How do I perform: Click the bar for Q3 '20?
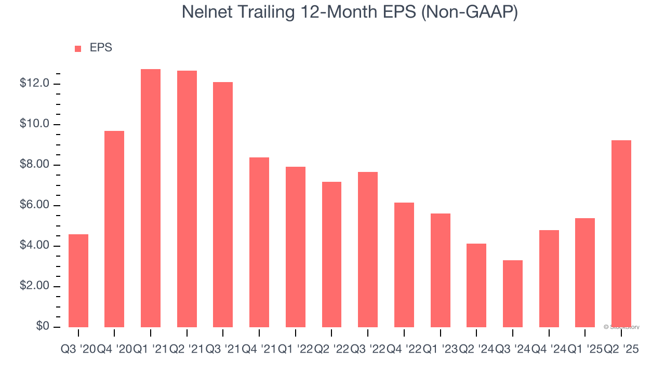pyautogui.click(x=78, y=280)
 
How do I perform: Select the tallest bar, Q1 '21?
pyautogui.click(x=151, y=197)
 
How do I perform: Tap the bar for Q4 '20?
pyautogui.click(x=114, y=229)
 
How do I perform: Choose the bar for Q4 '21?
pyautogui.click(x=259, y=242)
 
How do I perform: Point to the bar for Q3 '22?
pyautogui.click(x=368, y=249)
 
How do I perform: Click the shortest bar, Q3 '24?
pyautogui.click(x=513, y=293)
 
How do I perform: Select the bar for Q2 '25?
pyautogui.click(x=621, y=234)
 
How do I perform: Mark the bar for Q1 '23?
pyautogui.click(x=440, y=270)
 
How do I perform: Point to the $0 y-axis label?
pyautogui.click(x=43, y=326)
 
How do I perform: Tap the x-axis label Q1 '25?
pyautogui.click(x=585, y=350)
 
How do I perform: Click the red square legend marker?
pyautogui.click(x=78, y=48)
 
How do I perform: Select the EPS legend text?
pyautogui.click(x=101, y=48)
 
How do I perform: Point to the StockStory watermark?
pyautogui.click(x=621, y=327)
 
